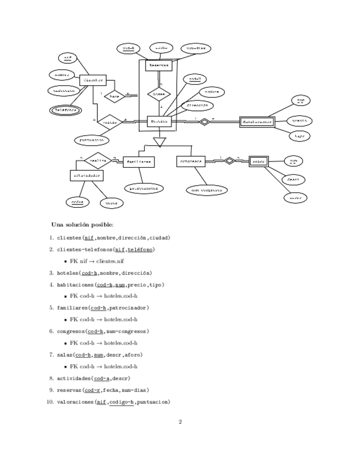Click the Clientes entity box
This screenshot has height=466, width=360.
92,80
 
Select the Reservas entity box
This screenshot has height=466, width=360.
159,65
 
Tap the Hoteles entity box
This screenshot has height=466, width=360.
159,121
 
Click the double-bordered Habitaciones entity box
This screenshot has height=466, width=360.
257,121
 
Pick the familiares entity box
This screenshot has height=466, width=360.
139,162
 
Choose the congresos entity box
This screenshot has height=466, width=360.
191,162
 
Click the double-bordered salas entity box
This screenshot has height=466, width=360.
258,161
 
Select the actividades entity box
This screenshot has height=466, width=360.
87,175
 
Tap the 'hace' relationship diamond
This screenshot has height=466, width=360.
114,96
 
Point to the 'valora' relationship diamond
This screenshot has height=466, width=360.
110,121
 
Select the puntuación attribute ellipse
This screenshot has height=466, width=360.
91,140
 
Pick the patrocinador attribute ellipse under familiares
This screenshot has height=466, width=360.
143,188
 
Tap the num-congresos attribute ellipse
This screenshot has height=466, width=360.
206,190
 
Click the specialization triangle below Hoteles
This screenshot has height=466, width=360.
159,142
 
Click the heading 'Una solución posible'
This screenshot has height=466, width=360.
82,225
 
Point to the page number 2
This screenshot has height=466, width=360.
180,422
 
